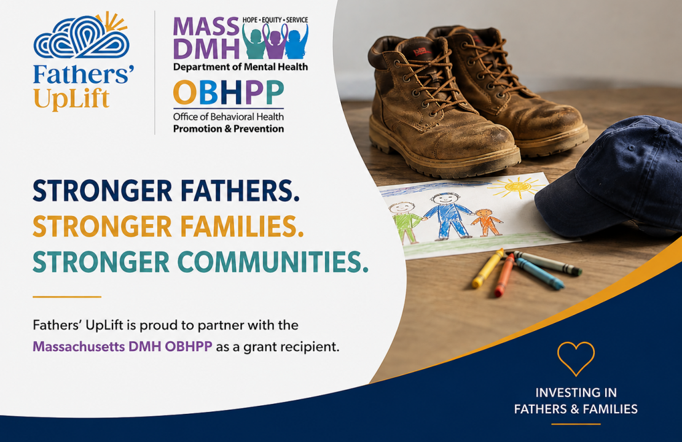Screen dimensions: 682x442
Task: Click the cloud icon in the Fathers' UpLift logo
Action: [x=81, y=37]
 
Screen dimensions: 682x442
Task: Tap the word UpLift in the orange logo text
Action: [x=71, y=99]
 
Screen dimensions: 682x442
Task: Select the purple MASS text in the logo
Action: [x=206, y=27]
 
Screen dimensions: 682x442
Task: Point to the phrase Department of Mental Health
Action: [x=240, y=67]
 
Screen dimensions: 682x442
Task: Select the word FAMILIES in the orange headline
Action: [x=242, y=227]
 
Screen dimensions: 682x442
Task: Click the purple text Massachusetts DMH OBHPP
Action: [x=123, y=347]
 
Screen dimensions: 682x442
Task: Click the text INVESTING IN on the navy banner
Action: [x=576, y=393]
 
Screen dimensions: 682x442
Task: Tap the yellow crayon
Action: [x=488, y=268]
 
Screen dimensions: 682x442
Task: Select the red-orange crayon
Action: [x=505, y=275]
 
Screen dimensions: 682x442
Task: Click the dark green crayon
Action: [x=547, y=263]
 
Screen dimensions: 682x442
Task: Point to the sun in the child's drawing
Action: [x=517, y=187]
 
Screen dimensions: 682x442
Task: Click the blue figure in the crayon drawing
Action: [x=447, y=215]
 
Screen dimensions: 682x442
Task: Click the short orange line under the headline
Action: [x=67, y=297]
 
